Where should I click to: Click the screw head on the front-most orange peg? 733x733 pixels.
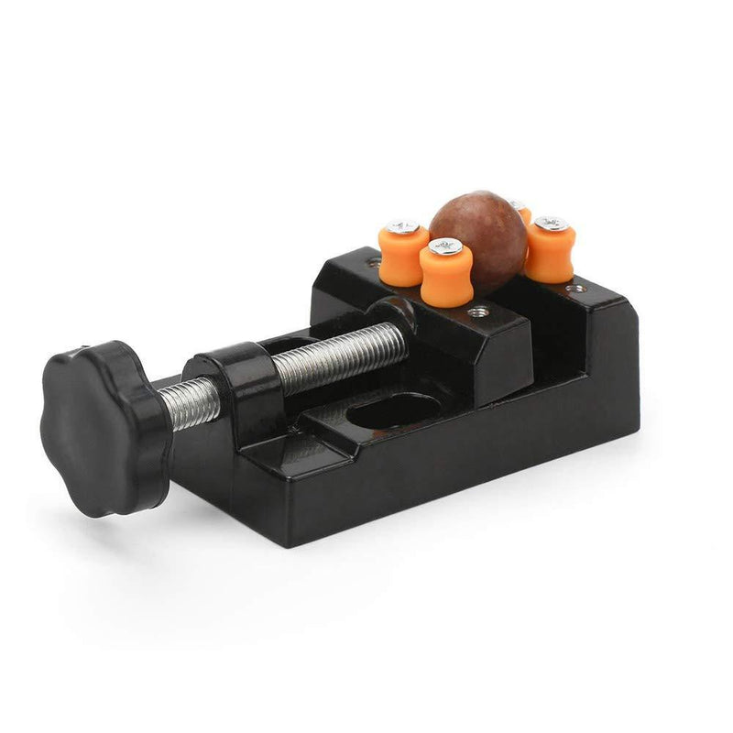[x=445, y=246]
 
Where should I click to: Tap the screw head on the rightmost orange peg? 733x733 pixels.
[x=550, y=223]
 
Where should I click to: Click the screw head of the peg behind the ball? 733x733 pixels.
[x=519, y=205]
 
